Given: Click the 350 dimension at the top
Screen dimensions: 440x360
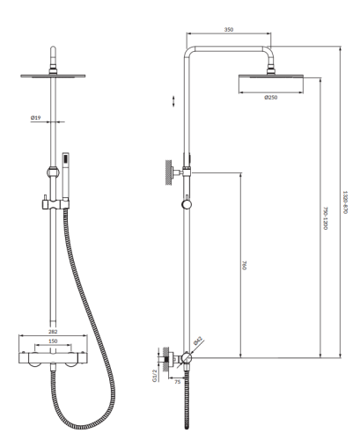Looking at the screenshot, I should (229, 30).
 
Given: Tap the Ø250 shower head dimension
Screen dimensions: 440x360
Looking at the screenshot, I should (271, 97).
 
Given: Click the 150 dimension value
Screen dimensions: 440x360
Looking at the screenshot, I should (54, 341).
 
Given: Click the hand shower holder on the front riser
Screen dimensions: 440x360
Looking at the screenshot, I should (51, 204).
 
